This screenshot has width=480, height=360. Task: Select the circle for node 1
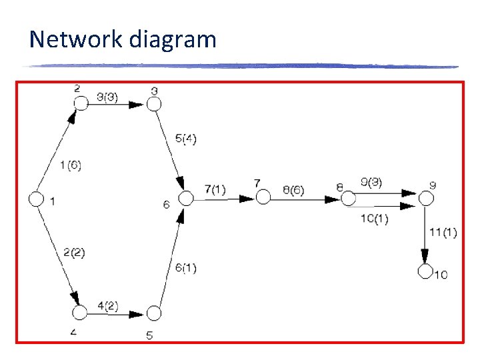point(37,199)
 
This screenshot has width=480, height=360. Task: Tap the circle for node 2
point(81,103)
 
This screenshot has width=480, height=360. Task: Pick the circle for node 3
point(155,103)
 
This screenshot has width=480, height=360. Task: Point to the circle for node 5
point(154,313)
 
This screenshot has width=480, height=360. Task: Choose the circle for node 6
point(186,198)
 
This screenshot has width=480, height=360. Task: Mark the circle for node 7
point(263,197)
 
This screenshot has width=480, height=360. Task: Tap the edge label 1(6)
point(70,166)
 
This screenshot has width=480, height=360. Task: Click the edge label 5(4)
point(185,139)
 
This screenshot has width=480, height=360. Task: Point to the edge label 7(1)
point(215,190)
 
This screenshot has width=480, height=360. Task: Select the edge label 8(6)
point(293,190)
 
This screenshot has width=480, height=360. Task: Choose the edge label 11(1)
point(442,232)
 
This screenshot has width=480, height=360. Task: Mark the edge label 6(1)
point(185,268)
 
